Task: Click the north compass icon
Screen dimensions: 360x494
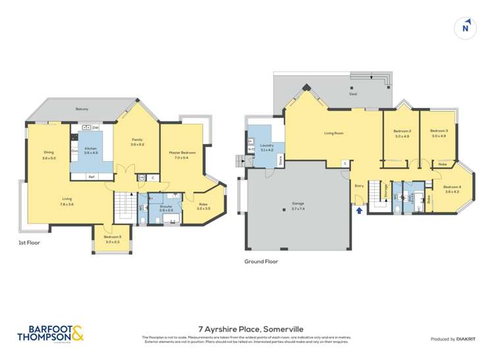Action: pyautogui.click(x=466, y=28)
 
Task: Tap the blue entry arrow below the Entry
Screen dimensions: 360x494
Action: pyautogui.click(x=358, y=211)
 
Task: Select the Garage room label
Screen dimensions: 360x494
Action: pyautogui.click(x=298, y=204)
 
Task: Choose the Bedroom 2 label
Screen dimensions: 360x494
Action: pyautogui.click(x=402, y=131)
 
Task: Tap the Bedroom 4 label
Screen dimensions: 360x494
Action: pyautogui.click(x=452, y=187)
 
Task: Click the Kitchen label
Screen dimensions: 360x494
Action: pyautogui.click(x=91, y=148)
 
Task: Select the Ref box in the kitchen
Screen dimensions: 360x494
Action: pyautogui.click(x=91, y=176)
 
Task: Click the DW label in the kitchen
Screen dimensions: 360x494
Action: pyautogui.click(x=96, y=127)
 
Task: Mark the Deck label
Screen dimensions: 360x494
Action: pyautogui.click(x=354, y=94)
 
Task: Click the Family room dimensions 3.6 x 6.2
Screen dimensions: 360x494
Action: pyautogui.click(x=137, y=144)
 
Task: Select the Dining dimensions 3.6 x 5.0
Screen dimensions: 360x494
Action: pyautogui.click(x=49, y=158)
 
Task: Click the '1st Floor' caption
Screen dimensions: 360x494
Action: pyautogui.click(x=29, y=243)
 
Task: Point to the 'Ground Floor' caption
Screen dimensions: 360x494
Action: pyautogui.click(x=261, y=261)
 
